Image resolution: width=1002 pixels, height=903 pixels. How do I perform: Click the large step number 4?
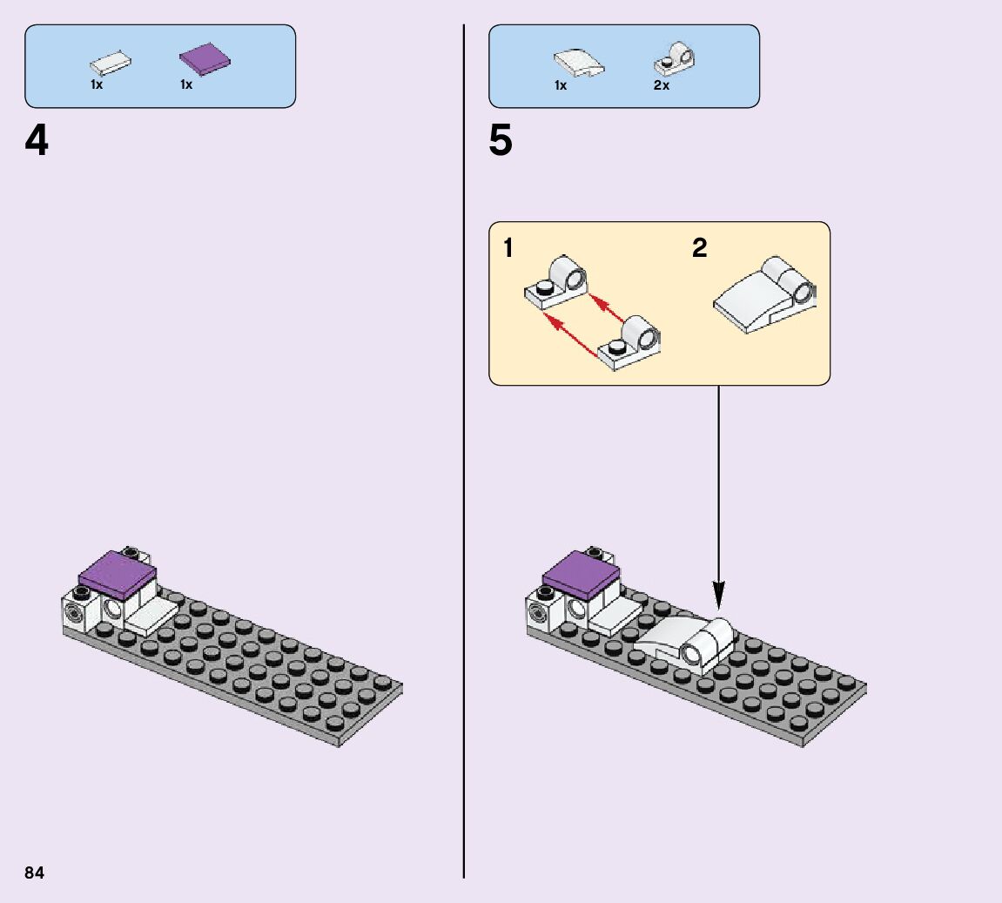37,141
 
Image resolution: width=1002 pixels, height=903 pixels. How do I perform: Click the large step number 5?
501,141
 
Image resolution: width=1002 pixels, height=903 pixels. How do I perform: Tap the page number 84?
34,873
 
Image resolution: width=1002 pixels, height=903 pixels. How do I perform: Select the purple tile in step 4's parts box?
206,58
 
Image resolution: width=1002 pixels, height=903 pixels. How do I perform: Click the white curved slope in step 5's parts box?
579,64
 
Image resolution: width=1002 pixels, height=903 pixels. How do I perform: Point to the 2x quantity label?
662,85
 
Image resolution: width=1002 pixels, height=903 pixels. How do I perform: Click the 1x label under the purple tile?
186,85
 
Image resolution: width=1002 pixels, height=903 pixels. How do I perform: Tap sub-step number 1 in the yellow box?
508,248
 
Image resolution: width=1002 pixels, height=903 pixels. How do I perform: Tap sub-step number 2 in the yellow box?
700,248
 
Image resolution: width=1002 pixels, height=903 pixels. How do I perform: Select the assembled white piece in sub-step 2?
766,295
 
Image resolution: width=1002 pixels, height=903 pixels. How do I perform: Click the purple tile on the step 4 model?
118,574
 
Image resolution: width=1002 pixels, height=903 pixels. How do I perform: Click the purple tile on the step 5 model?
582,574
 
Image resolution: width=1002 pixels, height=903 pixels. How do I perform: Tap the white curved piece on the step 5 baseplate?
688,643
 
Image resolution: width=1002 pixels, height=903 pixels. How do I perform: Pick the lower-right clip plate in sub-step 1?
631,343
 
